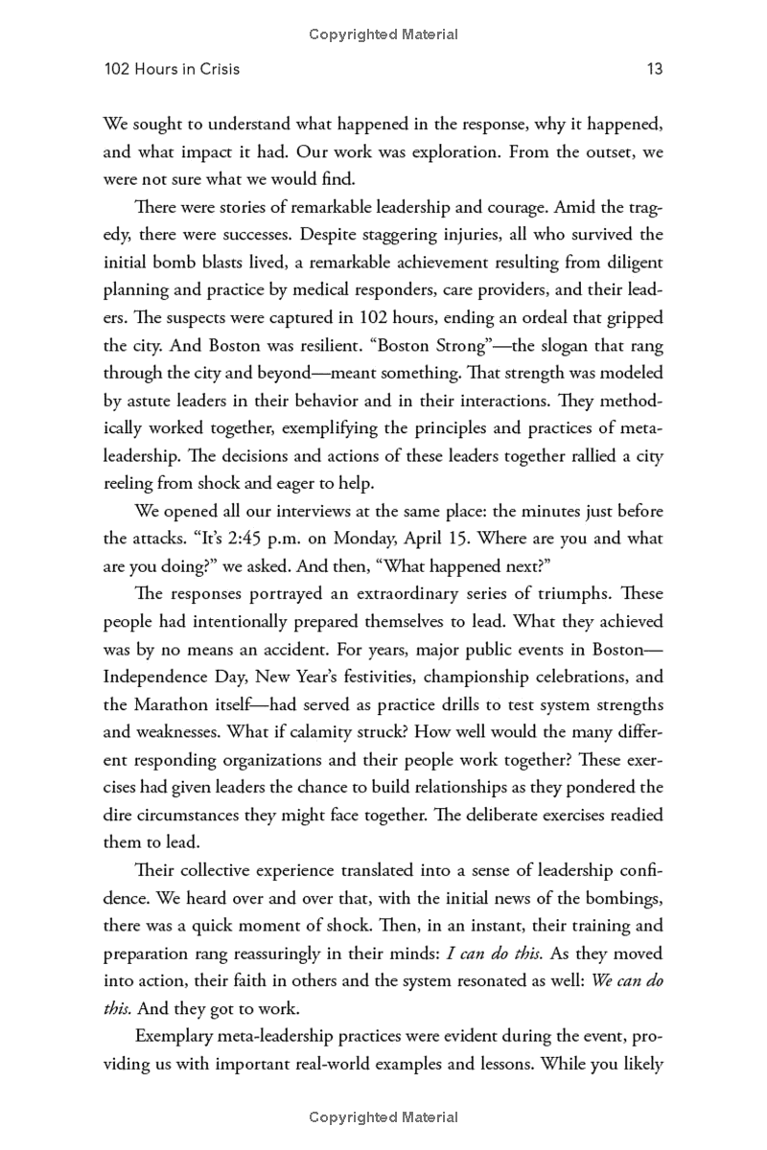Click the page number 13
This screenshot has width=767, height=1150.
pyautogui.click(x=655, y=69)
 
